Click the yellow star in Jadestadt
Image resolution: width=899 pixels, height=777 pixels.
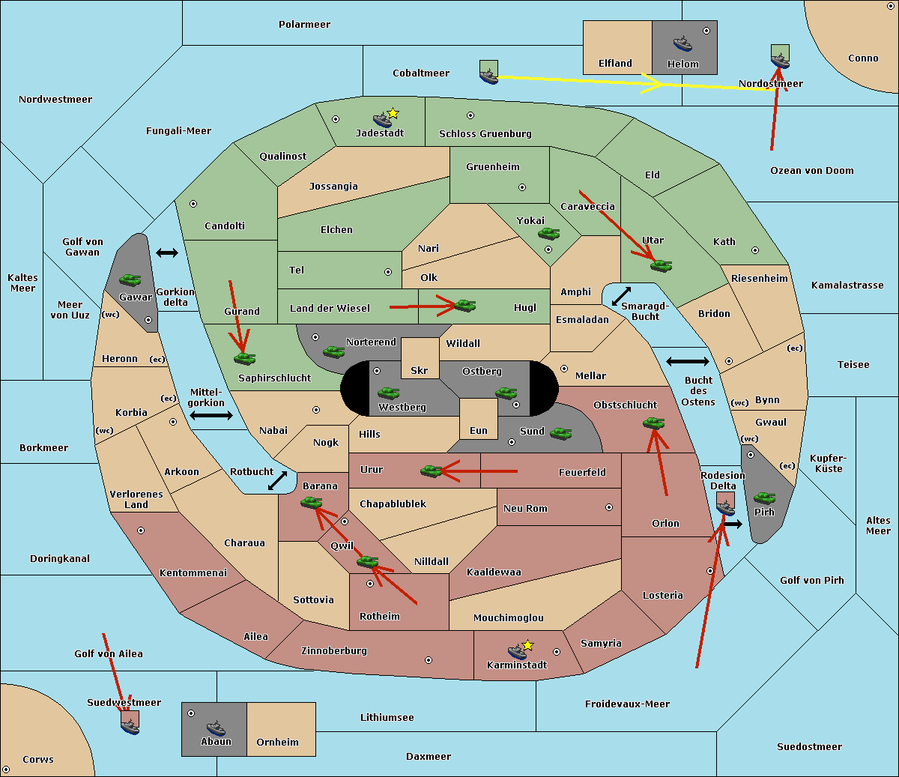coord(393,114)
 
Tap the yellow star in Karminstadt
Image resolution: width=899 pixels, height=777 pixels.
coord(527,645)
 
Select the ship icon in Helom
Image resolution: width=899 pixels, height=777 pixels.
coord(682,43)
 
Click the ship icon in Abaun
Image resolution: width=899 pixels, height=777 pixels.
coord(216,728)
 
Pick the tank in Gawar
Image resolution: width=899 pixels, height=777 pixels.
coord(130,279)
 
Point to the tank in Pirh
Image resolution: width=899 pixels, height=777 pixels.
coord(764,498)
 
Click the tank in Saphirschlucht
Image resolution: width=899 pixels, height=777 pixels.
coord(244,358)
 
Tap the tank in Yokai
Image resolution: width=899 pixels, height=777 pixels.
coord(548,234)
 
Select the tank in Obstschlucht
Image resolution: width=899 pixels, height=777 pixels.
coord(654,423)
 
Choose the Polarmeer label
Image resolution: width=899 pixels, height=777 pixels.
coord(304,25)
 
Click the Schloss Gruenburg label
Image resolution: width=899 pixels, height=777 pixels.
coord(485,133)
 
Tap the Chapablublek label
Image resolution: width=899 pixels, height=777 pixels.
coord(393,504)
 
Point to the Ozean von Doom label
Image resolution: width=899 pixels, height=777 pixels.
coord(812,171)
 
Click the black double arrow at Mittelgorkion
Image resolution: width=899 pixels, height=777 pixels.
coord(211,415)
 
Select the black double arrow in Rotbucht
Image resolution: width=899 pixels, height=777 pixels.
coord(277,481)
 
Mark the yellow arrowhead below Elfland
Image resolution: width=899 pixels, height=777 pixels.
coord(653,83)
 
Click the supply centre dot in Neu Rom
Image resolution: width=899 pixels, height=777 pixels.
coord(609,507)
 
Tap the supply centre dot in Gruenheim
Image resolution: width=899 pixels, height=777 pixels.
coord(522,187)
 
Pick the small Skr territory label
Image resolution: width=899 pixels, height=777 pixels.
coord(420,370)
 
